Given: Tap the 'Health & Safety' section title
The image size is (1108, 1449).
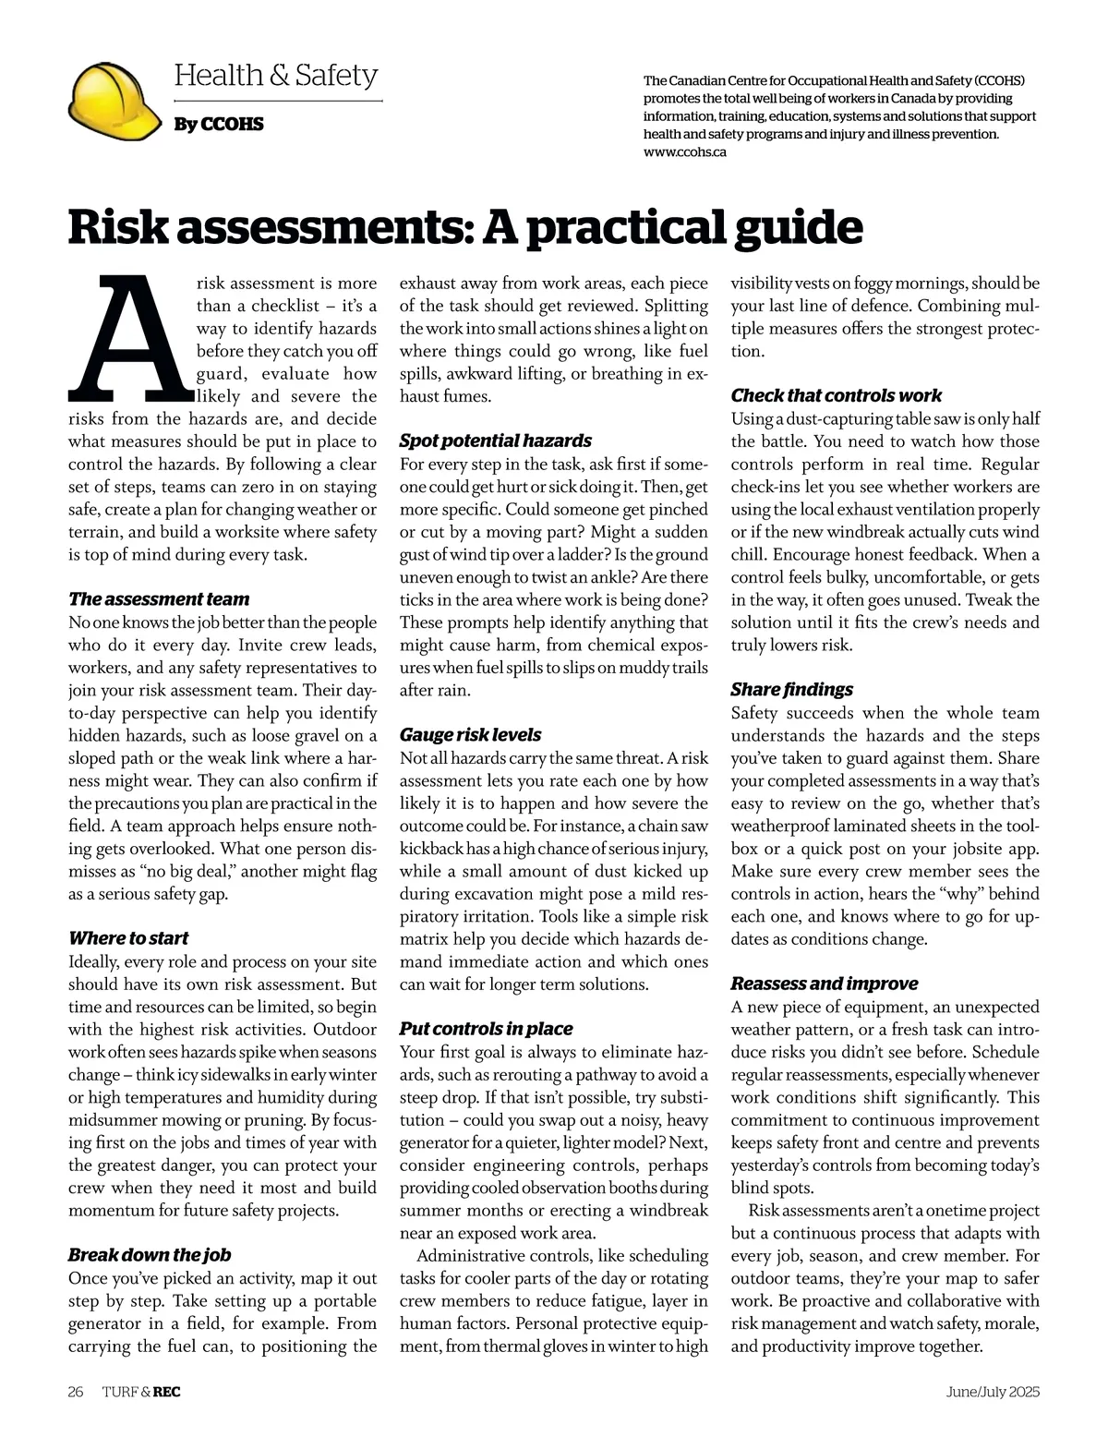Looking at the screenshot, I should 275,75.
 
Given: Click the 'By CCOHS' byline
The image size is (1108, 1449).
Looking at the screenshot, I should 219,124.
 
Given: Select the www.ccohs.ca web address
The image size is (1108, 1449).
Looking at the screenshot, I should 684,151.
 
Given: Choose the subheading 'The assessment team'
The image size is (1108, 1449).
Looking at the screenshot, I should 159,598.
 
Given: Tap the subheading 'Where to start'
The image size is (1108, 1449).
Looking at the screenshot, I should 128,938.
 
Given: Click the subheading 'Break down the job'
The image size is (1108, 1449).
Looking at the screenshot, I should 150,1255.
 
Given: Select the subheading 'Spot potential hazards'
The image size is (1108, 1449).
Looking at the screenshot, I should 495,441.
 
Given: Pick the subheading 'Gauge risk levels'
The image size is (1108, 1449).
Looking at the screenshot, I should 470,735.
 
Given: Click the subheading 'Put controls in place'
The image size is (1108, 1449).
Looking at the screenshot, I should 486,1029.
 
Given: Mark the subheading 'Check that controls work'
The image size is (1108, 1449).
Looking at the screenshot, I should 836,395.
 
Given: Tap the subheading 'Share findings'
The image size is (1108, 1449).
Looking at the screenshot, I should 791,690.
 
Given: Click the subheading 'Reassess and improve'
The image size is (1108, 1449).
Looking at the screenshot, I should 824,984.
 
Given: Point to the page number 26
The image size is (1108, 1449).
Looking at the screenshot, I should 76,1392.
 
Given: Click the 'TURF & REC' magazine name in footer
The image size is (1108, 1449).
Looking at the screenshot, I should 141,1392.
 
